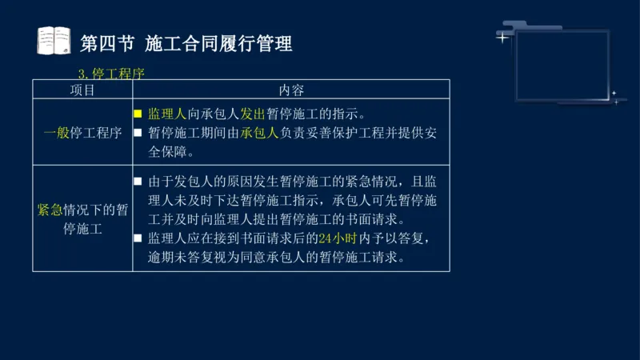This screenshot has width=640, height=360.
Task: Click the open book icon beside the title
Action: coord(54,41)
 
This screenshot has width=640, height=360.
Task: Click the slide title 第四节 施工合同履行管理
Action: coord(186,42)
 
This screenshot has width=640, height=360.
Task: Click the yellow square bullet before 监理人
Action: coord(138,114)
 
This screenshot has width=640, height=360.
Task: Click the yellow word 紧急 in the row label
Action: coord(50,210)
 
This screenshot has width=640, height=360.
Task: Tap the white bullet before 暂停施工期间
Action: coord(138,133)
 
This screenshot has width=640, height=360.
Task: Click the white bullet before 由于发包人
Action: coord(138,182)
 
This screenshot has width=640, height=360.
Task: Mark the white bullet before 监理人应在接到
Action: coord(138,238)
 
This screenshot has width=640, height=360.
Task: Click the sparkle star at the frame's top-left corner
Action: coord(502,37)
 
